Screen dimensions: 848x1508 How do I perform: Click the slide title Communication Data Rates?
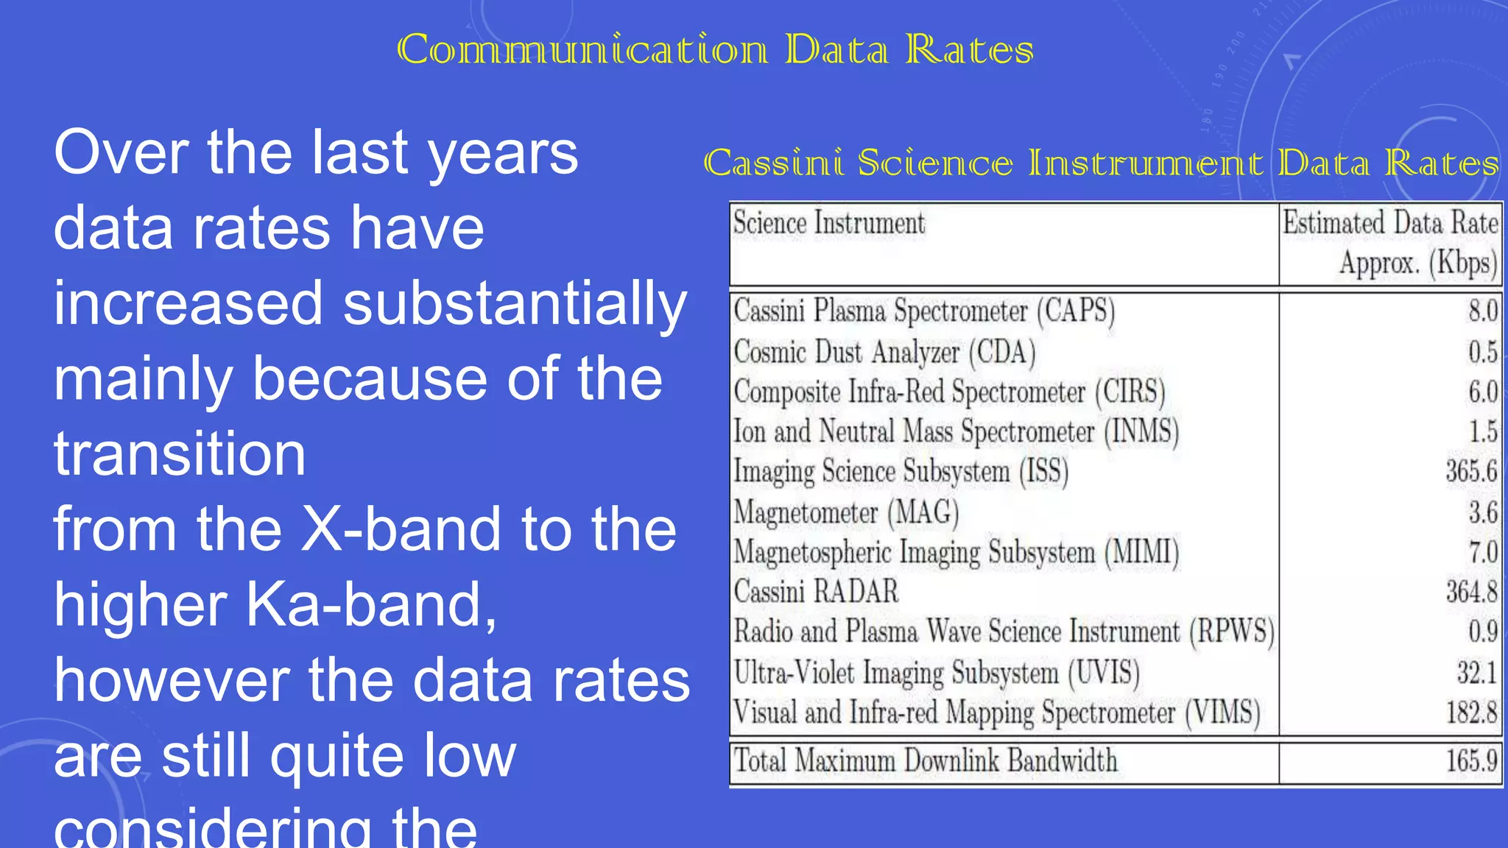tap(715, 50)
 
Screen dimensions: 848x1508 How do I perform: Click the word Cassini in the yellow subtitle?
tap(773, 163)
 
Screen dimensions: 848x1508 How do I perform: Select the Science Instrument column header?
tap(828, 223)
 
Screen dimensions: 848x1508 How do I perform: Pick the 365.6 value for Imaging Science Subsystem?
tap(1470, 471)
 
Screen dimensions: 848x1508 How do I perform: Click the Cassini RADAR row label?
tap(816, 592)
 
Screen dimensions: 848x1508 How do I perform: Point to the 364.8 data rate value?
tap(1470, 592)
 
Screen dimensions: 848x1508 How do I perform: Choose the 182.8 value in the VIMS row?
tap(1470, 713)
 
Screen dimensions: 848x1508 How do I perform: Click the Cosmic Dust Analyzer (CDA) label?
tap(884, 352)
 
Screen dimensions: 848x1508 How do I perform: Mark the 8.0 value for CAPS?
tap(1482, 311)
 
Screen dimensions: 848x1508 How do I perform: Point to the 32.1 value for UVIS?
tap(1476, 673)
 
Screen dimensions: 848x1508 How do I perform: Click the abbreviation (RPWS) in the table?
tap(1232, 632)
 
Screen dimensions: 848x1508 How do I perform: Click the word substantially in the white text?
tap(515, 303)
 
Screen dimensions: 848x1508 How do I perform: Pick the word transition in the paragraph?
tap(180, 453)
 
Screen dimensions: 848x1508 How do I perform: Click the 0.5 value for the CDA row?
tap(1482, 352)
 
